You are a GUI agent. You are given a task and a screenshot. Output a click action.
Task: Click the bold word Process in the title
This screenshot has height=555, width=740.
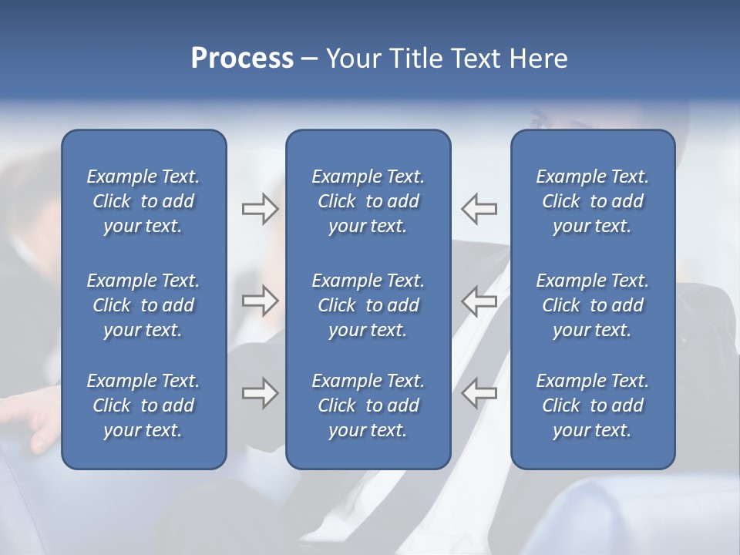click(242, 59)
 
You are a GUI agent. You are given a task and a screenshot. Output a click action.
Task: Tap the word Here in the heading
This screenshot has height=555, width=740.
click(539, 59)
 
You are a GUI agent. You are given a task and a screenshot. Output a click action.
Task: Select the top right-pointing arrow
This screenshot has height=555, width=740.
click(260, 209)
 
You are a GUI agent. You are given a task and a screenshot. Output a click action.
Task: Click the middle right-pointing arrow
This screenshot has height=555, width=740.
click(260, 301)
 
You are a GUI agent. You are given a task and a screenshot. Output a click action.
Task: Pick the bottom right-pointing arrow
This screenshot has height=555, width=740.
click(260, 393)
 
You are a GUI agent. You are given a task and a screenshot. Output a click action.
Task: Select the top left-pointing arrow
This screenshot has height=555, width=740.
click(479, 209)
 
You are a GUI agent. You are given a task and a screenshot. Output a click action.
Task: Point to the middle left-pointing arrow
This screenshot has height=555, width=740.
click(479, 301)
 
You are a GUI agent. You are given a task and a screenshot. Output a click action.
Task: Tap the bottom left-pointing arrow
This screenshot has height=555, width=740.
click(479, 393)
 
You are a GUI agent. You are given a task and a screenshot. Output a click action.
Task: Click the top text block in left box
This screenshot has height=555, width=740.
click(143, 201)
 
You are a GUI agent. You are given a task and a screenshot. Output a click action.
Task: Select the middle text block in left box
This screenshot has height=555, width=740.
click(143, 305)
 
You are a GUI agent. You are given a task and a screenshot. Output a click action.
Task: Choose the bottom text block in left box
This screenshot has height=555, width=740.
click(143, 405)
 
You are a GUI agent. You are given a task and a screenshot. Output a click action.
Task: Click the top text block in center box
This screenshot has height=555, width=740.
click(368, 201)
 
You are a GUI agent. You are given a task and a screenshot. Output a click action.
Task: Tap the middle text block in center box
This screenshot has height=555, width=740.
click(368, 305)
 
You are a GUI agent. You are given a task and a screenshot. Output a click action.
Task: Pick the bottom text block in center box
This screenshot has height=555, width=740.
click(368, 405)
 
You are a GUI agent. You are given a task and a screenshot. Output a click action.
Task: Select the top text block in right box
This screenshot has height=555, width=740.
click(592, 201)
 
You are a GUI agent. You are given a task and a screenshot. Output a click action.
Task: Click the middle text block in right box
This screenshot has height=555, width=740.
click(592, 305)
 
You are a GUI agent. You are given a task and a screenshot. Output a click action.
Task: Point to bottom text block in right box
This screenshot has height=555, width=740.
click(592, 405)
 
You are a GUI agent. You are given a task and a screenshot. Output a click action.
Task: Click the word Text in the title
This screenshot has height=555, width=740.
click(478, 59)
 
